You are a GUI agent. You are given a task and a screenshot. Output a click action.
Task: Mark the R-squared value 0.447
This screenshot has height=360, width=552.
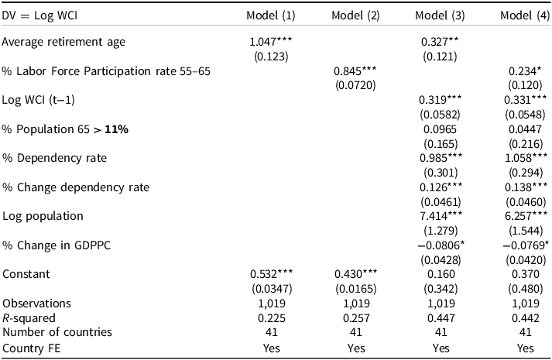click(x=440, y=317)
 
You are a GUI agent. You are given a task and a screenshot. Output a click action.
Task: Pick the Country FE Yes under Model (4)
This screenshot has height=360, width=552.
click(x=524, y=348)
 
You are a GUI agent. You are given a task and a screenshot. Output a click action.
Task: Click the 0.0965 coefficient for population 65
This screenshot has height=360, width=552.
click(x=440, y=129)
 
